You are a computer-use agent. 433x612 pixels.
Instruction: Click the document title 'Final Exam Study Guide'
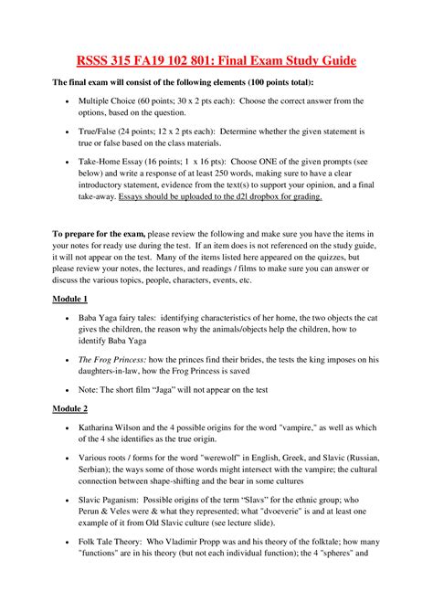(279, 61)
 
